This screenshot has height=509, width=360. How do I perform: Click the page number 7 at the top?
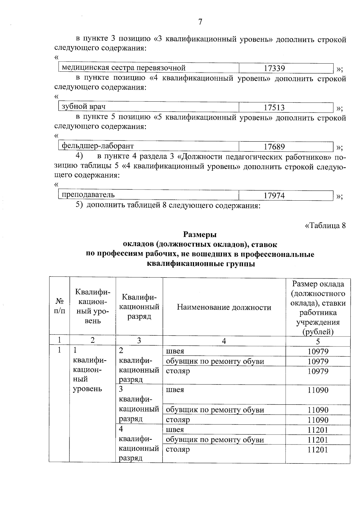[200, 22]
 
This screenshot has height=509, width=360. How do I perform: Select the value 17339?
[274, 68]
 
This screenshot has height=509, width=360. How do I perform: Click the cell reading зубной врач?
[83, 106]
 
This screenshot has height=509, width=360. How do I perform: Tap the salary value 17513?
[274, 107]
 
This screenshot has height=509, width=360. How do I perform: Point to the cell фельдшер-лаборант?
[98, 146]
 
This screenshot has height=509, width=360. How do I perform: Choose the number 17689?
[274, 147]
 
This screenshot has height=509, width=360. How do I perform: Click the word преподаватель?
[88, 195]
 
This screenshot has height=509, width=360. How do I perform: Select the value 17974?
[274, 196]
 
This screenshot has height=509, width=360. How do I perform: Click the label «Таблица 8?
[325, 226]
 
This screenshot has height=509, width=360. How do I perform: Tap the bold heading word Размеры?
[200, 234]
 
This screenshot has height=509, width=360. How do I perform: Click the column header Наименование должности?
[224, 307]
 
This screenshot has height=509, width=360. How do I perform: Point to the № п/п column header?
[59, 306]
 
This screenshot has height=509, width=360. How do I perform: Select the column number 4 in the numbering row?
[224, 341]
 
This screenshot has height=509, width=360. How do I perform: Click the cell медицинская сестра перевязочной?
[124, 68]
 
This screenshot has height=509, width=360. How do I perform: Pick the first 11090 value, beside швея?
[318, 390]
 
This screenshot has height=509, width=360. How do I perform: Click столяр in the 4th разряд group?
[178, 450]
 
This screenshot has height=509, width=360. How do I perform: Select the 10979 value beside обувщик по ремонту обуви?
[318, 361]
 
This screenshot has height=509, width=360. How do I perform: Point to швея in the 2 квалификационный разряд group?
[175, 351]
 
